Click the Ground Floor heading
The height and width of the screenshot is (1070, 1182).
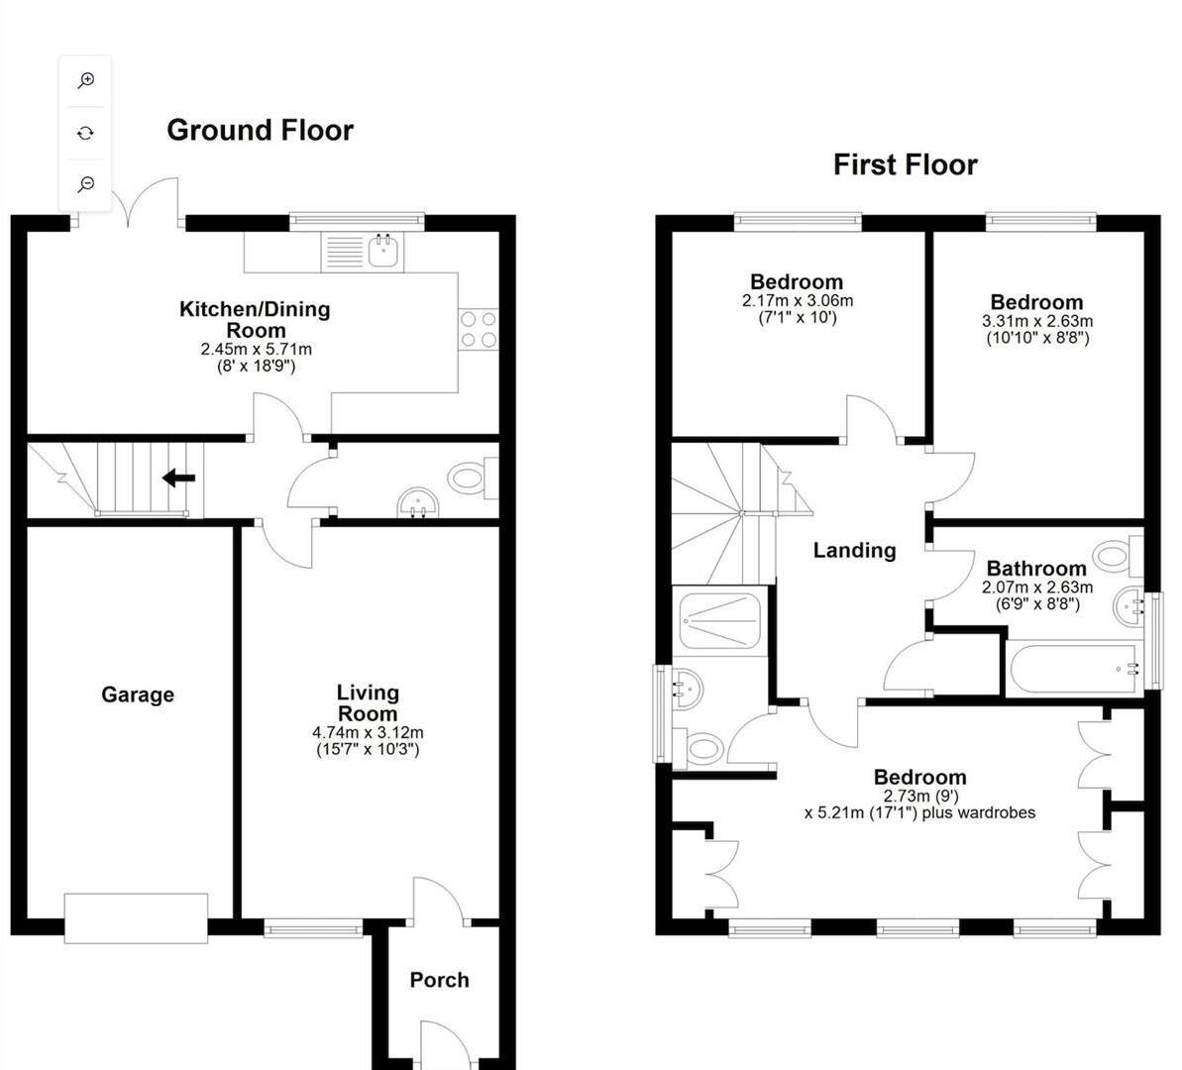260,131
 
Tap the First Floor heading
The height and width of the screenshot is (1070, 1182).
905,164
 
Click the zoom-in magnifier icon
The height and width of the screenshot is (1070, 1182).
86,81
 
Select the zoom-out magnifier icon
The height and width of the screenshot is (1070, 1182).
86,183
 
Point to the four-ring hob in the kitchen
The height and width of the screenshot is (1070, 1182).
479,329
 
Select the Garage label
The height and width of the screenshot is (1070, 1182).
138,695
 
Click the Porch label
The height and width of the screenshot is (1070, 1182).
439,980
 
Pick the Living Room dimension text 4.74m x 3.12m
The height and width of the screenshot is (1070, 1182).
368,732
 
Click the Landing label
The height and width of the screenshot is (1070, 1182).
854,551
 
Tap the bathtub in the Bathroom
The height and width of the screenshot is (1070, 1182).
1075,670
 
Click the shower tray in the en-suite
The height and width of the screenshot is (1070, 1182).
719,620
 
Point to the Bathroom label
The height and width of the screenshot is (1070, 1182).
1036,569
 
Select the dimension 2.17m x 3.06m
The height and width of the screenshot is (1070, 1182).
797,300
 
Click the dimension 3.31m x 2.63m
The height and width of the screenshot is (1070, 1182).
1036,321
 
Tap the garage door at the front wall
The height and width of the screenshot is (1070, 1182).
136,917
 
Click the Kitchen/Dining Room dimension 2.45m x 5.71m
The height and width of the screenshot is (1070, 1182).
256,349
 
